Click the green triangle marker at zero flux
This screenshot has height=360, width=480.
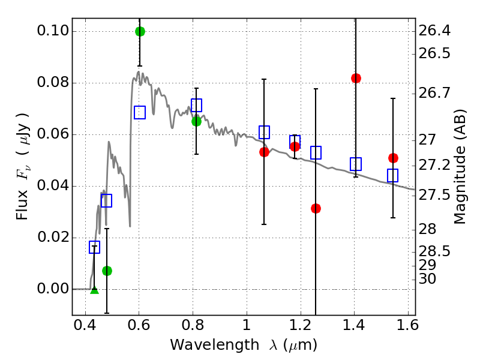coord(94,290)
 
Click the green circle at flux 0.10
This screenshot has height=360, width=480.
coord(140,31)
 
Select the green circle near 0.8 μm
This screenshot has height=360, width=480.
coord(196,121)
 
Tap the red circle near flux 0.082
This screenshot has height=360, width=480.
coord(356,78)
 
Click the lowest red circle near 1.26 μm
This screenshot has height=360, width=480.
coord(316,208)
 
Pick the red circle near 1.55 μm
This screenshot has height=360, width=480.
coord(393,158)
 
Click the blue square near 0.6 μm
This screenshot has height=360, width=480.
coord(140,112)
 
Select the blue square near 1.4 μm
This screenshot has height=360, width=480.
coord(356,164)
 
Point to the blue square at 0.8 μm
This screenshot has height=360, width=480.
coord(196,105)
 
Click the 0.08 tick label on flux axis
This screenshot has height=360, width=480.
coord(53,83)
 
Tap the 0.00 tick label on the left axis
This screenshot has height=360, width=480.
coord(53,289)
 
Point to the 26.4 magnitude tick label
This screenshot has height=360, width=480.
coord(435,31)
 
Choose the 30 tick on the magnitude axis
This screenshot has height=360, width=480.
coord(429,279)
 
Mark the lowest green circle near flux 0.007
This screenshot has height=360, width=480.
coord(107,271)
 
